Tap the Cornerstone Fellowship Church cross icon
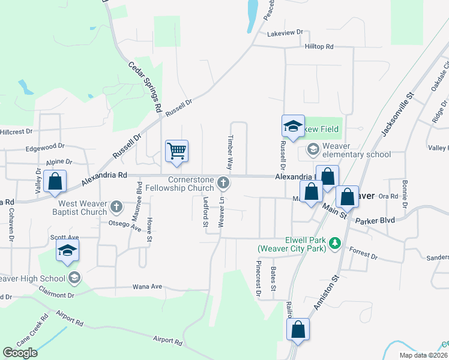tap(223, 182)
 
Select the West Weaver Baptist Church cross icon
tap(116, 208)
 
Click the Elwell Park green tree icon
tap(336, 242)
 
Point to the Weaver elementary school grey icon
tap(313, 148)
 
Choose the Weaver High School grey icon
tap(74, 277)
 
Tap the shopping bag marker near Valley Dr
tap(55, 182)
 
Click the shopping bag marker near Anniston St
tap(298, 330)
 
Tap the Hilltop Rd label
tap(318, 46)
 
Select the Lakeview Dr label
tap(287, 34)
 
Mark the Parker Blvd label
tap(375, 220)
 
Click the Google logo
tap(20, 353)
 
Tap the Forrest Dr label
tap(363, 254)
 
